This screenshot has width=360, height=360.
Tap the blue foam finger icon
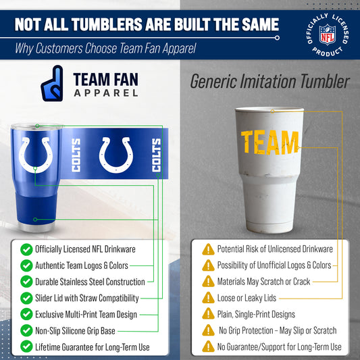pyautogui.click(x=52, y=83)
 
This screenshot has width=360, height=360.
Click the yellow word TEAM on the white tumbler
pyautogui.click(x=269, y=142)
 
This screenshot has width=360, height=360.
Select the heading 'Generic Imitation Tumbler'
pyautogui.click(x=269, y=82)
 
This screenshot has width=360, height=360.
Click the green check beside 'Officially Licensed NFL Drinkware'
pyautogui.click(x=26, y=249)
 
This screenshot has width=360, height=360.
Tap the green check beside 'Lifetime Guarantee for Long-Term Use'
pyautogui.click(x=26, y=346)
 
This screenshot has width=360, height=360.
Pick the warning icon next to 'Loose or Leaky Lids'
pyautogui.click(x=208, y=298)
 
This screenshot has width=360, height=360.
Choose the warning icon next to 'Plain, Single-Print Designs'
pyautogui.click(x=208, y=314)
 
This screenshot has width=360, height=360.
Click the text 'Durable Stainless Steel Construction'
pyautogui.click(x=90, y=282)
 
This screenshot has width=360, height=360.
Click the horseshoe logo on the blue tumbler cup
pyautogui.click(x=34, y=154)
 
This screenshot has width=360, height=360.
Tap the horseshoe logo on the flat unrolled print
pyautogui.click(x=116, y=154)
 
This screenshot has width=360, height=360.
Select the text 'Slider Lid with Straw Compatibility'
pyautogui.click(x=87, y=298)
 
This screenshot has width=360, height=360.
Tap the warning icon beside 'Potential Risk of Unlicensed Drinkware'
pyautogui.click(x=208, y=249)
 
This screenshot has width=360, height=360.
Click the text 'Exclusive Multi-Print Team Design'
pyautogui.click(x=86, y=314)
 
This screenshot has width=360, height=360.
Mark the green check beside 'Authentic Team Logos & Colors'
pyautogui.click(x=26, y=265)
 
